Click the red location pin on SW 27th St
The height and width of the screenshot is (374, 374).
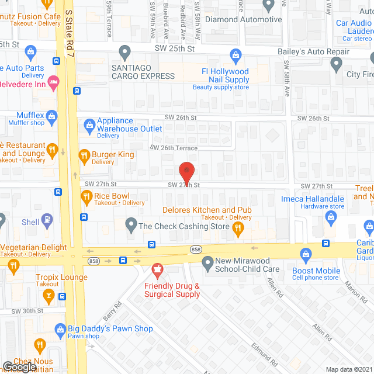pyautogui.click(x=186, y=171)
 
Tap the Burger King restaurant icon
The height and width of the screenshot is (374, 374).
pyautogui.click(x=83, y=155)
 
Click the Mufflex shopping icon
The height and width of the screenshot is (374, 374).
pyautogui.click(x=51, y=115)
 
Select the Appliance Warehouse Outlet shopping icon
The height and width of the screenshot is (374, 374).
pyautogui.click(x=89, y=124)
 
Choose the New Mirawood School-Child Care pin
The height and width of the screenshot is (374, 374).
pyautogui.click(x=207, y=264)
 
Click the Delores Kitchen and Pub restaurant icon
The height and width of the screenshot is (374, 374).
pyautogui.click(x=238, y=229)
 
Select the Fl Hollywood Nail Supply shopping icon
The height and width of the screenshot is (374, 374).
pyautogui.click(x=236, y=57)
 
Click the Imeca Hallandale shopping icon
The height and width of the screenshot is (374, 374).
pyautogui.click(x=331, y=219)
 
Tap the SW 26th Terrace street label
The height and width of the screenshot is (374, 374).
pyautogui.click(x=174, y=148)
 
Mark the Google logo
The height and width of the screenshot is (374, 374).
pyautogui.click(x=19, y=366)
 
